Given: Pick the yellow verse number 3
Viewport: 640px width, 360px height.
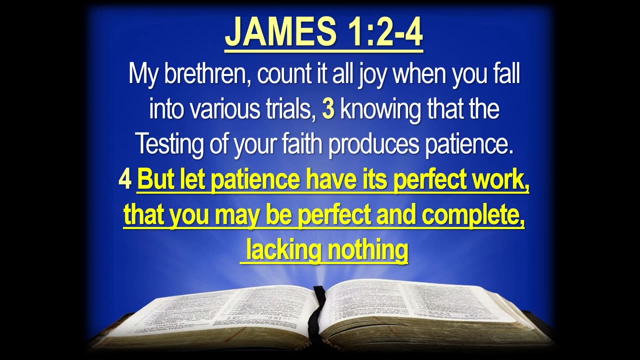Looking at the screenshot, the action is [x=328, y=110].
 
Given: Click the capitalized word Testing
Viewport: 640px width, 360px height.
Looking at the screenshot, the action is [x=170, y=145].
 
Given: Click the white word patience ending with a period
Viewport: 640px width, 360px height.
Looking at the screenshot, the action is [x=469, y=145].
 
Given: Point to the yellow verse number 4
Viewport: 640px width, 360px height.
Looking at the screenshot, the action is [x=125, y=179].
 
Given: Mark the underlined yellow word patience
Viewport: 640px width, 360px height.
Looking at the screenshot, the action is [x=255, y=181].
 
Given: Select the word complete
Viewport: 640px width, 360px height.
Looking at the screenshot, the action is [x=473, y=215].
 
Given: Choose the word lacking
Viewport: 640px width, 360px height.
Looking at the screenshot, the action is [x=283, y=251].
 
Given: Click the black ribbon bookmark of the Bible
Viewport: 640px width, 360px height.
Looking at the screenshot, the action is [x=317, y=314].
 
